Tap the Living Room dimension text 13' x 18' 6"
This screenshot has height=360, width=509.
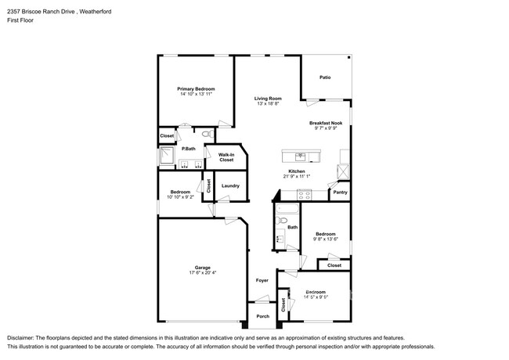[267, 103]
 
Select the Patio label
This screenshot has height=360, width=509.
[325, 77]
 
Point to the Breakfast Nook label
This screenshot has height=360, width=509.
[325, 123]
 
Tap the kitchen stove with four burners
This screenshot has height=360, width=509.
[341, 168]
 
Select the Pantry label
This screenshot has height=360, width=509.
[340, 192]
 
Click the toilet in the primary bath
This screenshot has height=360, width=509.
[206, 136]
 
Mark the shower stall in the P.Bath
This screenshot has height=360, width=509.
[167, 158]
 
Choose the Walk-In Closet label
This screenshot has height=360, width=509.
[226, 157]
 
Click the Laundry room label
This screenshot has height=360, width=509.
[230, 185]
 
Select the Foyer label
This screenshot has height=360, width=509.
[262, 280]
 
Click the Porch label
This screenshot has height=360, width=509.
[262, 316]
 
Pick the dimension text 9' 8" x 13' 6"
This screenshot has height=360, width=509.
[326, 240]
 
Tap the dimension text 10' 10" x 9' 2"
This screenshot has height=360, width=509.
[181, 197]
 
